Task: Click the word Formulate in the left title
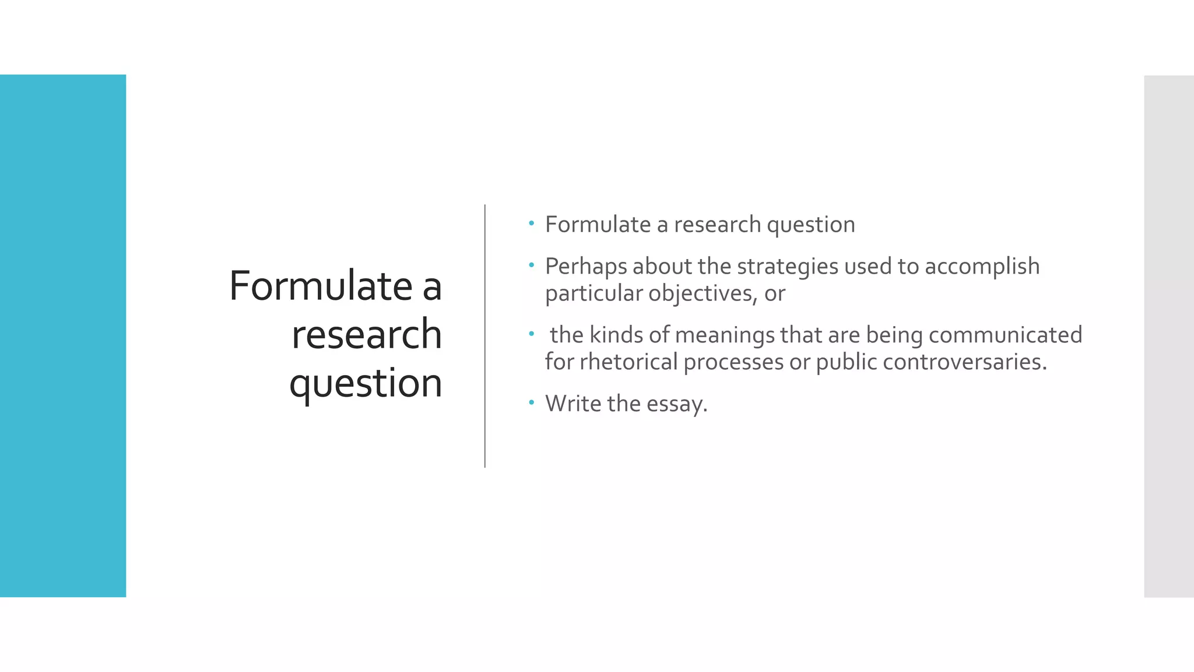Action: click(321, 286)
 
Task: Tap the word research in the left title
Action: click(367, 335)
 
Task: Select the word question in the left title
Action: click(366, 384)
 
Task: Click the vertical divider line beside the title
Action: click(484, 336)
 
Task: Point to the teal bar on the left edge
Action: click(63, 336)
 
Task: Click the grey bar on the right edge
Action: click(1168, 336)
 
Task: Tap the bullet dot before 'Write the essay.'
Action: click(531, 402)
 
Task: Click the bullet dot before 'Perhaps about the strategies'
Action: click(531, 265)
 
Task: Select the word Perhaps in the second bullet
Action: click(586, 267)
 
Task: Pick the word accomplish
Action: click(982, 267)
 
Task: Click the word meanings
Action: click(725, 335)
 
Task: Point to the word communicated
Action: click(1005, 335)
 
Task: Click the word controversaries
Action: click(964, 362)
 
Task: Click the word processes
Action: click(733, 362)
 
